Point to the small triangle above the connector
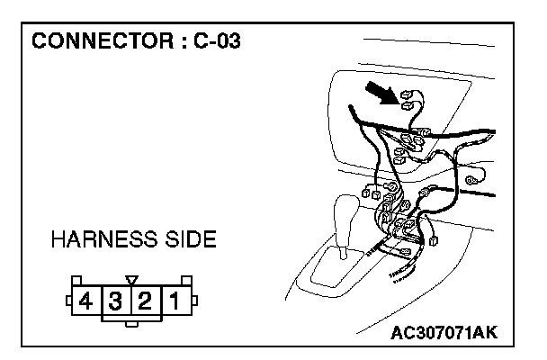click(131, 280)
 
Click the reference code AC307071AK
click(443, 334)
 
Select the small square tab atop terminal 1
click(185, 280)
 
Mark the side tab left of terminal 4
click(67, 297)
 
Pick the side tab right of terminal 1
click(194, 297)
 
